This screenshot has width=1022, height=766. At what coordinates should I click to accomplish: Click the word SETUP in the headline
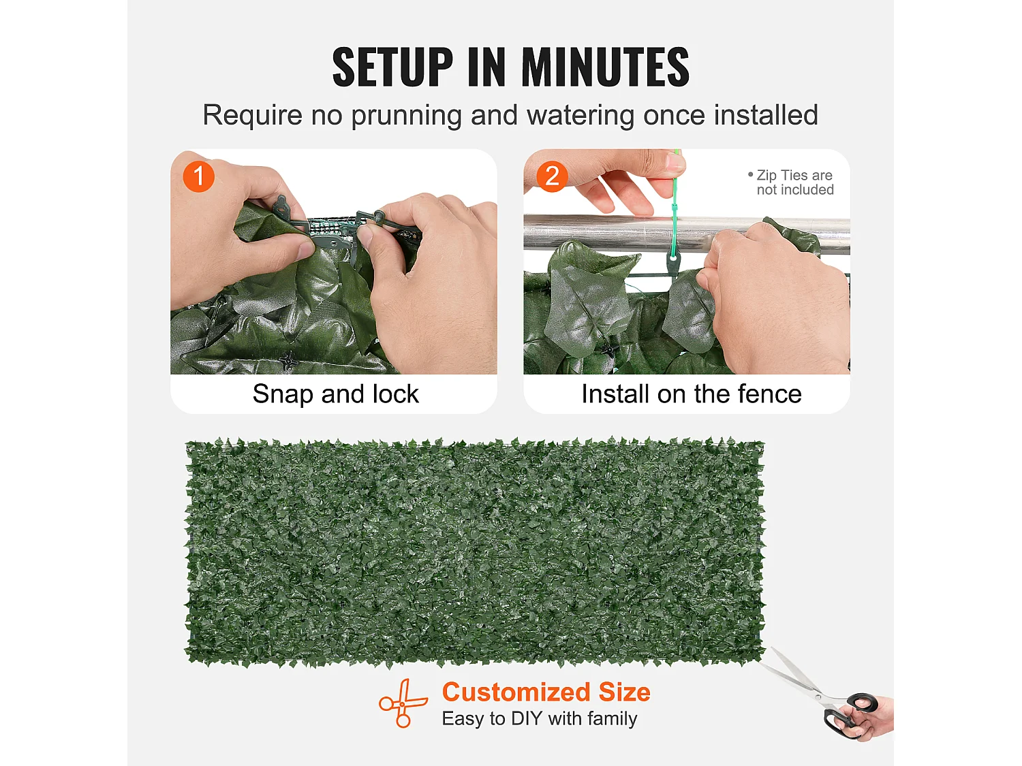[x=392, y=67]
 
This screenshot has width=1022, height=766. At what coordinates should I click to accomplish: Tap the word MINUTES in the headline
[x=605, y=67]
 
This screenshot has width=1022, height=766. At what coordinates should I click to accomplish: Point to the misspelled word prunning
[x=407, y=116]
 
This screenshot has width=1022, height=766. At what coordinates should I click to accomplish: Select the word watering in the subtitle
[x=580, y=116]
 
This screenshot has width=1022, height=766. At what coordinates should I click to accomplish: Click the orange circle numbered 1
[x=199, y=176]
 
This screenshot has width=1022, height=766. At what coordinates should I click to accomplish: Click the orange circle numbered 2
[x=552, y=176]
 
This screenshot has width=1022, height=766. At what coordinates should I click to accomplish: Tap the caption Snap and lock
[x=336, y=394]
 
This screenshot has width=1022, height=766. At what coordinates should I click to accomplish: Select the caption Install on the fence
[x=692, y=394]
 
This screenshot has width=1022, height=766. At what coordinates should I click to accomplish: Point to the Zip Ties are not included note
[x=791, y=182]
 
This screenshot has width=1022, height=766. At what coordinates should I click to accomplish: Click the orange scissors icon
[x=402, y=703]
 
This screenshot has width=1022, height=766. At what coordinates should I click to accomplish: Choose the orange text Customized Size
[x=546, y=692]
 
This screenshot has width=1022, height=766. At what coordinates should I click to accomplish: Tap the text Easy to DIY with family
[x=540, y=718]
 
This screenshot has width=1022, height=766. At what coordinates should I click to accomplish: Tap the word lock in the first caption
[x=395, y=394]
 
